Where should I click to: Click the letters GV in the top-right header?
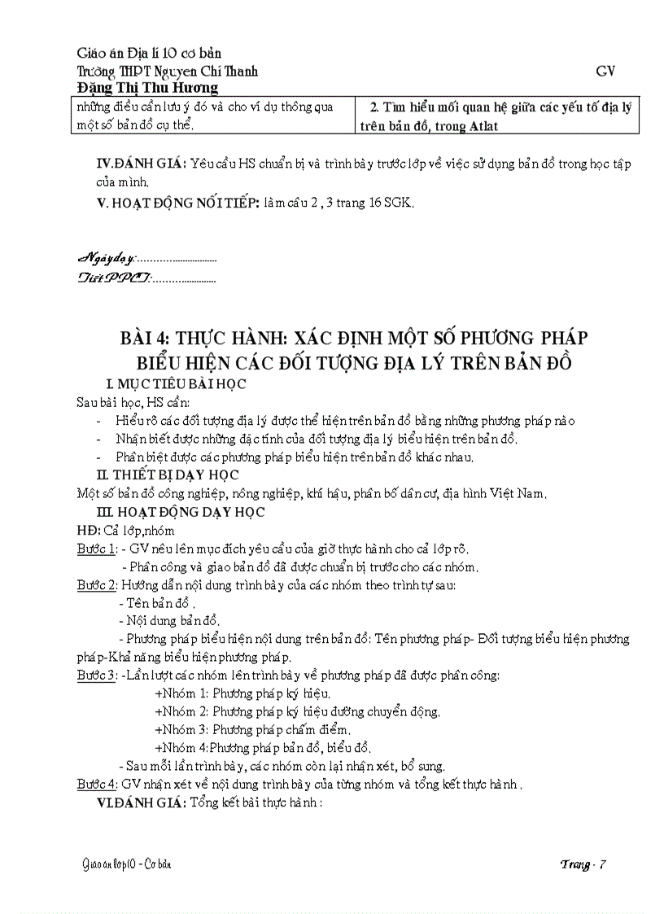pos(605,71)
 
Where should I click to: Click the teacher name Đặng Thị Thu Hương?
pos(147,88)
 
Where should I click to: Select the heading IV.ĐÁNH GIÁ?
pos(141,163)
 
